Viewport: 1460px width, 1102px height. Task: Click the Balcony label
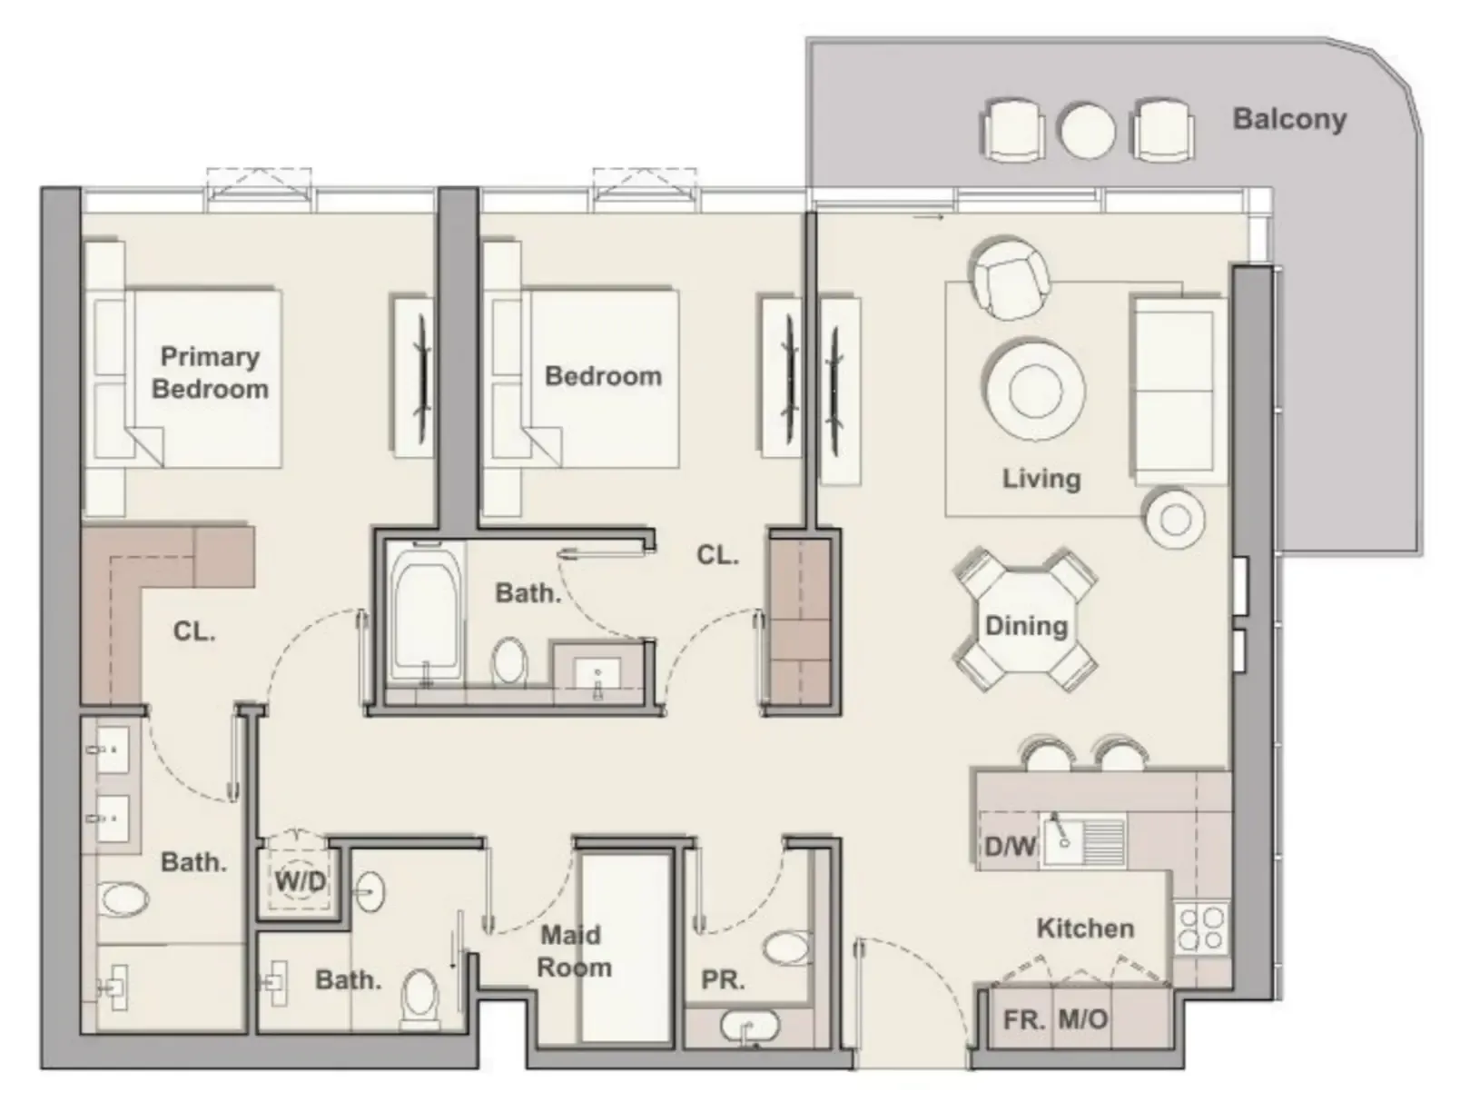click(x=1288, y=119)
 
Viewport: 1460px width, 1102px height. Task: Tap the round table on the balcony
click(x=1087, y=131)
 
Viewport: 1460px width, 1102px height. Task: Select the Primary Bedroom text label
click(x=210, y=372)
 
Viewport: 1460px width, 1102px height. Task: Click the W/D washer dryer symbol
click(x=300, y=879)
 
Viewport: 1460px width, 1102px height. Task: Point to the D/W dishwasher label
click(x=1010, y=847)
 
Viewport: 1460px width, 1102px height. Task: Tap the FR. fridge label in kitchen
click(x=1023, y=1019)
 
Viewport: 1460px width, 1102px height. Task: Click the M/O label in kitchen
click(x=1083, y=1019)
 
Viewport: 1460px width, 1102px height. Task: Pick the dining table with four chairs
click(x=1026, y=620)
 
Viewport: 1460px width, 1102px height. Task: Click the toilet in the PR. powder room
click(x=786, y=948)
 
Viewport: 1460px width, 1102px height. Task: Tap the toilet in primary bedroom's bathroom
click(x=124, y=899)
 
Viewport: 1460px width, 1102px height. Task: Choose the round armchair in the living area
click(x=1010, y=277)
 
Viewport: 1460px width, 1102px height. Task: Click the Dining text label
click(x=1026, y=625)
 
